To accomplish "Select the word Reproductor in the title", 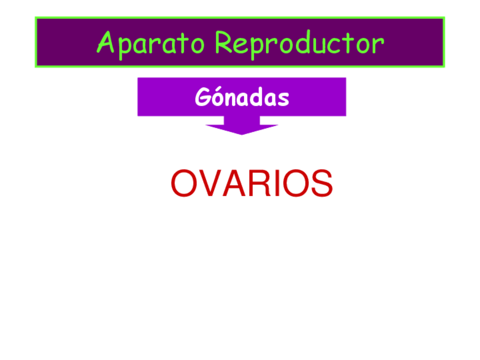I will (299, 43).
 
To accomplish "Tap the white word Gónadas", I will (242, 97).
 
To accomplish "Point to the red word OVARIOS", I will (251, 183).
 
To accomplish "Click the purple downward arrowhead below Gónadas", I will (242, 128).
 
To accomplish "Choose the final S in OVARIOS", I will (320, 183).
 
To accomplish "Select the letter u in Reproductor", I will (323, 45).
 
